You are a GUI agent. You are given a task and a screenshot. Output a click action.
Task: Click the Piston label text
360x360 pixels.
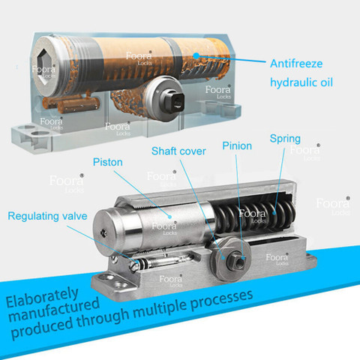pos(108,162)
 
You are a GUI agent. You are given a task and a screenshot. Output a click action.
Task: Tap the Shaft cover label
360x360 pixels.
pos(178,151)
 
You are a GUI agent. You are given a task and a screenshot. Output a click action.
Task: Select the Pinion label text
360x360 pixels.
pos(237,146)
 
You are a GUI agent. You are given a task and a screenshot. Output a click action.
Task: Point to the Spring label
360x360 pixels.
pos(285,139)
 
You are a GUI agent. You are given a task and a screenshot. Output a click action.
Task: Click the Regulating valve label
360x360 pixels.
pos(47,216)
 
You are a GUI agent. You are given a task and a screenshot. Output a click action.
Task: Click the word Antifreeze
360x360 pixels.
pos(296,64)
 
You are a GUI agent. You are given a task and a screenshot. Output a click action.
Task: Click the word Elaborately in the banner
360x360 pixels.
pos(42,298)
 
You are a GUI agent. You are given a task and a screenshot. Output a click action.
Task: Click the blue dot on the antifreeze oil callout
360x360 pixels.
pos(196,55)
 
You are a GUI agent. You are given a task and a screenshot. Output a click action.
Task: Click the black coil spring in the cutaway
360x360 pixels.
pos(255,214)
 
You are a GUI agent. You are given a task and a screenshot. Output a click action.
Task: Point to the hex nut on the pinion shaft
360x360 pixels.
pos(236,262)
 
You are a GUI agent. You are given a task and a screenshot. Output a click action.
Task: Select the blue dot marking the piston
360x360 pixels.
pos(169,217)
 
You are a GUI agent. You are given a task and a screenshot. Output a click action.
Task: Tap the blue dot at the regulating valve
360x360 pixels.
pos(136,262)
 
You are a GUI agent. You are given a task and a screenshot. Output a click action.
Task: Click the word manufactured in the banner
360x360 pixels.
pos(53,310)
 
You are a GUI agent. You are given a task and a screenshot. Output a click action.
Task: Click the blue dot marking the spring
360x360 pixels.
pos(274,213)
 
